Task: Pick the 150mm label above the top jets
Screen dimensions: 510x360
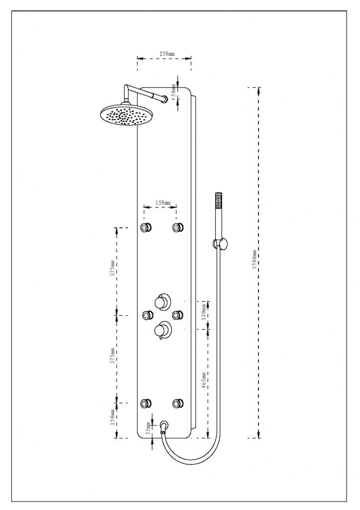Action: click(x=162, y=203)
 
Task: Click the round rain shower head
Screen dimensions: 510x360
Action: click(x=124, y=115)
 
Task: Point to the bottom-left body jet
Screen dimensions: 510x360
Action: click(x=146, y=403)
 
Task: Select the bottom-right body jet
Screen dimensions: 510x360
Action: click(x=177, y=403)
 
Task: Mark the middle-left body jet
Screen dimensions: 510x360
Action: click(x=147, y=315)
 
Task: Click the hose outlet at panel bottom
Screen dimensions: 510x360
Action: click(x=164, y=426)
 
